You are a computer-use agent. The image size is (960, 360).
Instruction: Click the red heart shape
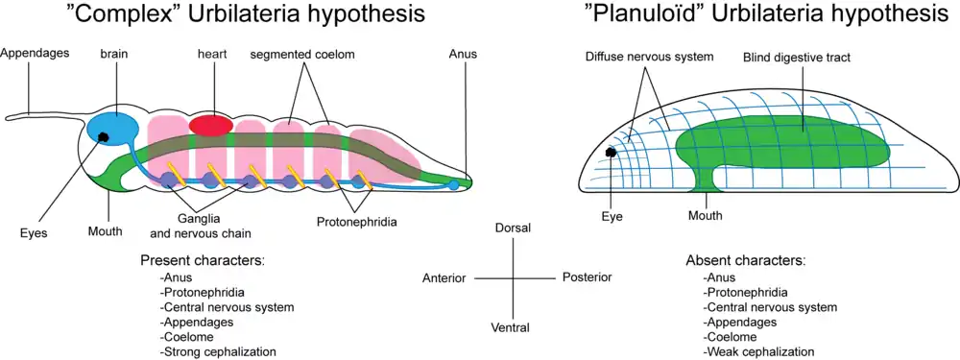210,125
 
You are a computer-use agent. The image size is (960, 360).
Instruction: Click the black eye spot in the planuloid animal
611,153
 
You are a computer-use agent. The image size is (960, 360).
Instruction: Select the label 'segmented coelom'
302,55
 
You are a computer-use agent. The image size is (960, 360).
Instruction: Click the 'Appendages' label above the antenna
35,53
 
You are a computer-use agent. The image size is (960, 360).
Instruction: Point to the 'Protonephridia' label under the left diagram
357,222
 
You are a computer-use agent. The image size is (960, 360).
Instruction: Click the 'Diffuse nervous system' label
650,57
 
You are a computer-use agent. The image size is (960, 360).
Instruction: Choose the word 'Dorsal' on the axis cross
513,228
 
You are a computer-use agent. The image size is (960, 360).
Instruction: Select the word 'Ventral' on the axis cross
512,327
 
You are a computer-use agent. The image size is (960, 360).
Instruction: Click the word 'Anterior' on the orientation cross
444,278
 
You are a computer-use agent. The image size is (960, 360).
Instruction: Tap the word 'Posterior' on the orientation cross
587,277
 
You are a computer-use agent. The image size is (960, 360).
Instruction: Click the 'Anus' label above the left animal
463,54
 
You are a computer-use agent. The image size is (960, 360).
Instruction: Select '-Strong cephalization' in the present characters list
217,351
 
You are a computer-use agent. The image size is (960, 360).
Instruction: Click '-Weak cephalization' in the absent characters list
759,351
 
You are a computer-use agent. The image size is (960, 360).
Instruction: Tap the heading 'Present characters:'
203,259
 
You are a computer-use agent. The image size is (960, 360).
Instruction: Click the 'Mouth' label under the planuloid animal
706,215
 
